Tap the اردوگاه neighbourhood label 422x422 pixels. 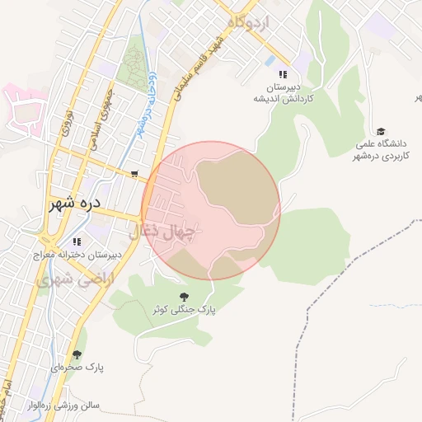[x=251, y=23]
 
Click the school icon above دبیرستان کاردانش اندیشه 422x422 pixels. [x=284, y=73]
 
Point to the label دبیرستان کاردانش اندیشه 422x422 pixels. [x=284, y=92]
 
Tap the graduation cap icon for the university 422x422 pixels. [x=381, y=131]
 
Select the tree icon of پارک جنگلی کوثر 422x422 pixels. [x=183, y=296]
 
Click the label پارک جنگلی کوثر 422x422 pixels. [x=183, y=309]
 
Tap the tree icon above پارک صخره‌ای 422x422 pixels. [x=77, y=355]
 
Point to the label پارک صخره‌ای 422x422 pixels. [x=77, y=368]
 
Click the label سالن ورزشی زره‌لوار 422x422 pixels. [x=66, y=406]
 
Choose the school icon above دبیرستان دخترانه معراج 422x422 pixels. [x=77, y=242]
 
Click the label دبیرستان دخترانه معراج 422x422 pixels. [x=77, y=256]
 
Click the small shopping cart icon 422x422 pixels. [x=134, y=174]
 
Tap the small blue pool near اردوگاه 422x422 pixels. [x=270, y=61]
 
